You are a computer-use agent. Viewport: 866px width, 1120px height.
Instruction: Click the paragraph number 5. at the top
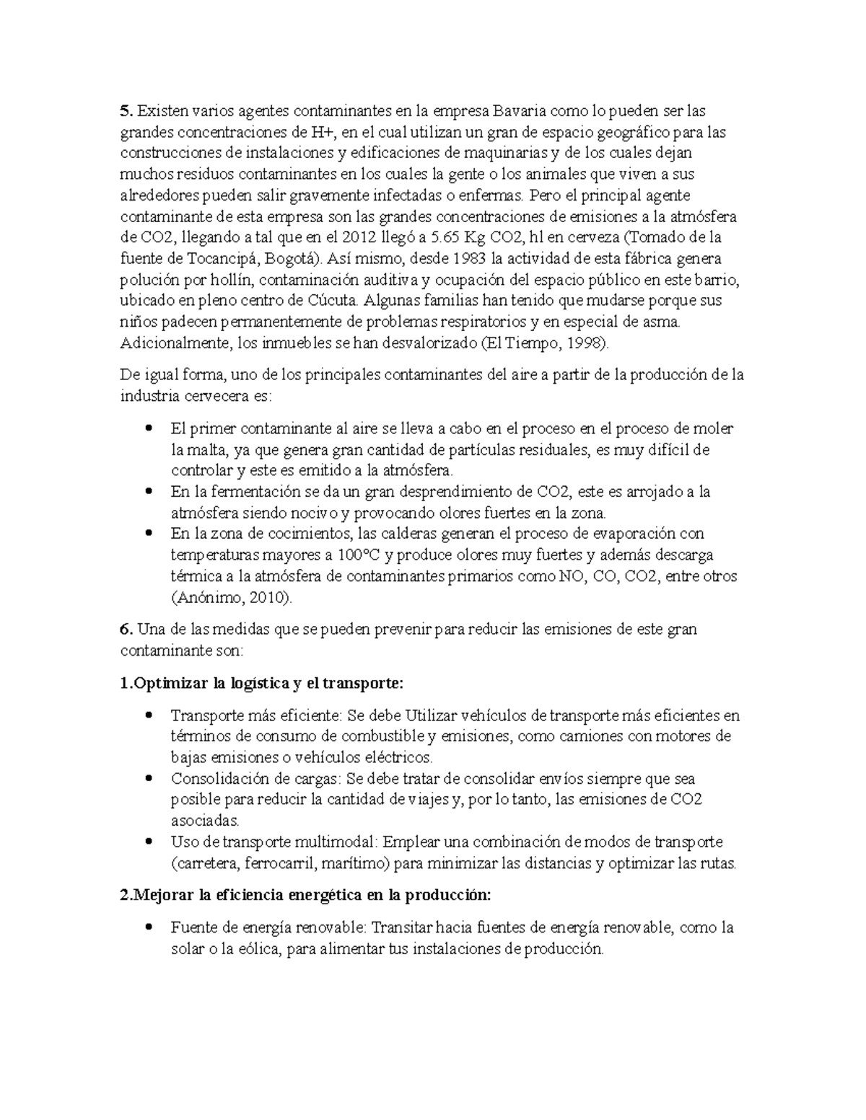(126, 111)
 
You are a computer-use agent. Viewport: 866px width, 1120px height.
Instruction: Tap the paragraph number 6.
(126, 630)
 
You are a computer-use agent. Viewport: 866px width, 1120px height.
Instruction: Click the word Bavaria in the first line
(520, 111)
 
